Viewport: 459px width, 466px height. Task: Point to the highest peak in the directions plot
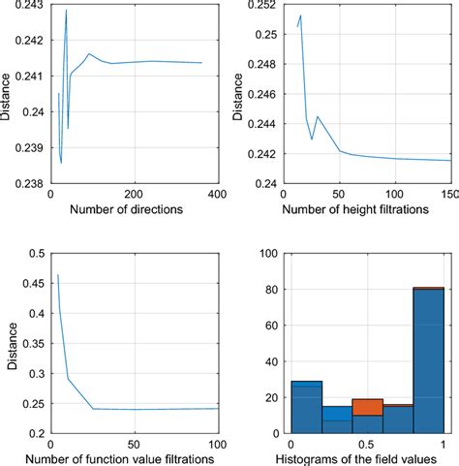(66, 10)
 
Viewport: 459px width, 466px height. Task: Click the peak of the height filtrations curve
(301, 16)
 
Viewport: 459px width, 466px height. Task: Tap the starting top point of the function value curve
(58, 275)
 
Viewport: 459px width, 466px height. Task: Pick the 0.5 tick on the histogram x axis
(367, 446)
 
